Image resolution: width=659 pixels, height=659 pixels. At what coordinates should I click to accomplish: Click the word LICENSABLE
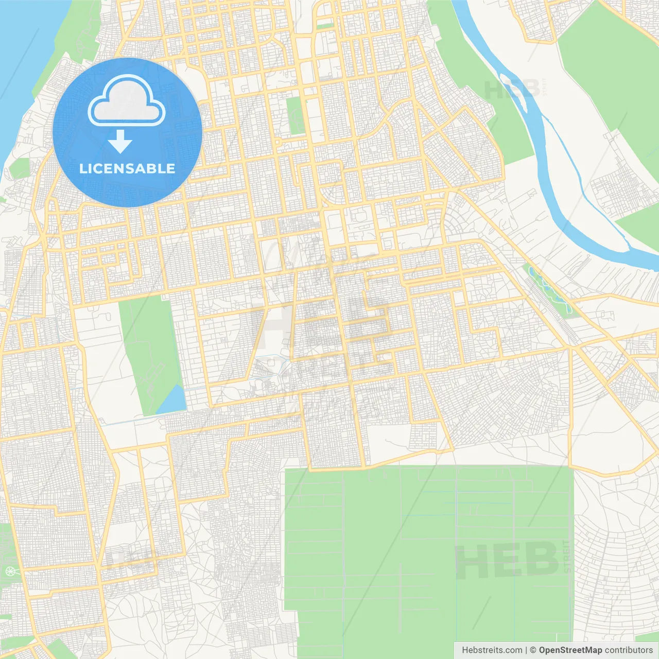(x=127, y=168)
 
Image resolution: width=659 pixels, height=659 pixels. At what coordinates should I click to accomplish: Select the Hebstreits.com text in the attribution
(x=492, y=650)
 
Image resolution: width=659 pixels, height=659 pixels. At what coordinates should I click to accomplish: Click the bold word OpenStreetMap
(x=570, y=650)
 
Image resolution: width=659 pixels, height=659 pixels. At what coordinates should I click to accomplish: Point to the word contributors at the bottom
(x=629, y=650)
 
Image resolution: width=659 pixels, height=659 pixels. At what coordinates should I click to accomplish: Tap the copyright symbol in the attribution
(x=533, y=650)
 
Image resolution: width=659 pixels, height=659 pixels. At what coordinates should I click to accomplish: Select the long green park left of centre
(x=149, y=350)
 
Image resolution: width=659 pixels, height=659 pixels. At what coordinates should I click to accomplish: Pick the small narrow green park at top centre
(x=296, y=115)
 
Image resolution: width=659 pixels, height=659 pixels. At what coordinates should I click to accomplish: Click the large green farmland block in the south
(x=427, y=556)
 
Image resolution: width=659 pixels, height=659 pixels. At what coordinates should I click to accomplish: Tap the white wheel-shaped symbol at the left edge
(x=10, y=571)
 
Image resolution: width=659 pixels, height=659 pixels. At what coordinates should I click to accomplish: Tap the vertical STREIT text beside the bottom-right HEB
(x=567, y=556)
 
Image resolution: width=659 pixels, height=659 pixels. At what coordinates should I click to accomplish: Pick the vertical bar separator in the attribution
(x=526, y=650)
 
